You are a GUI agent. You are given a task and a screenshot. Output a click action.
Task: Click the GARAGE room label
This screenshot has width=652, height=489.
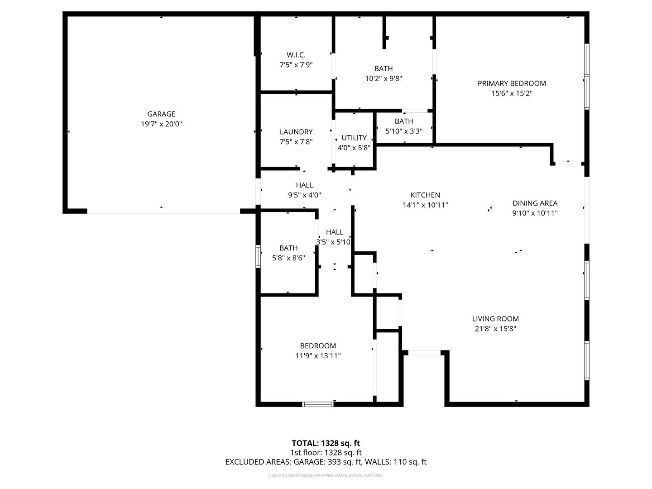click(161, 114)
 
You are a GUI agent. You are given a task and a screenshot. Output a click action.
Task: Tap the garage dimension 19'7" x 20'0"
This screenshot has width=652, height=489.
click(161, 124)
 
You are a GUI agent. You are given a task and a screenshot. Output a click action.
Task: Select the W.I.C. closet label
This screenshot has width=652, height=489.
click(296, 55)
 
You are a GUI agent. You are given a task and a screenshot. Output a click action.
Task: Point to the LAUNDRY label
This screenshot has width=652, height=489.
click(296, 132)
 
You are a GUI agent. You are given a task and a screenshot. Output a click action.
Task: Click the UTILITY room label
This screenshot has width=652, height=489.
click(354, 138)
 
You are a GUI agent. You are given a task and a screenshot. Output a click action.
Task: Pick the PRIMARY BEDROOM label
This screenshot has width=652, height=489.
click(512, 83)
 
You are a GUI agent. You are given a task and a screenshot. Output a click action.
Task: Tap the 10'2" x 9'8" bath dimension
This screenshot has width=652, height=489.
click(383, 78)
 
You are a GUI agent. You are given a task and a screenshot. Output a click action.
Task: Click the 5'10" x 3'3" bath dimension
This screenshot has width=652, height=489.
click(404, 131)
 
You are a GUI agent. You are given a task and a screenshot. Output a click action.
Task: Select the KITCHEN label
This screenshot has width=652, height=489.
click(425, 195)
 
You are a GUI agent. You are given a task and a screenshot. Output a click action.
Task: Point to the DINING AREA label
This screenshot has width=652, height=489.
click(535, 203)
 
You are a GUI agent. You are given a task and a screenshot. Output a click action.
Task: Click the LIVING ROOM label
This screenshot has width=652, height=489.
click(495, 319)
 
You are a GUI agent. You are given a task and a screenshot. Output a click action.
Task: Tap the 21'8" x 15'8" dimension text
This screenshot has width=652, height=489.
click(495, 328)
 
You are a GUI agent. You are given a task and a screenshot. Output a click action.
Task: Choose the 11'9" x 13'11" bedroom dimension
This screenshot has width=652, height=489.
click(318, 355)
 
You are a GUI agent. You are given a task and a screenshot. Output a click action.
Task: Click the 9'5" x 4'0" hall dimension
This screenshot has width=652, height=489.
click(304, 195)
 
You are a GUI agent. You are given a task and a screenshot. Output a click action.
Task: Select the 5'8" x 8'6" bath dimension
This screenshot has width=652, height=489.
click(288, 258)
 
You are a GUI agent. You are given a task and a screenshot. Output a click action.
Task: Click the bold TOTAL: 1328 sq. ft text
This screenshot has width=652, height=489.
click(326, 443)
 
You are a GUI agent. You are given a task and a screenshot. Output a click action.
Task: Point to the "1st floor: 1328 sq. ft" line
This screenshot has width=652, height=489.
click(326, 452)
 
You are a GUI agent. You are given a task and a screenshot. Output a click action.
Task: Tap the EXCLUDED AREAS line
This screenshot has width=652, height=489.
click(326, 462)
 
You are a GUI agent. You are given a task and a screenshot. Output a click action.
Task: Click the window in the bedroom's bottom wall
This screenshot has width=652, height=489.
click(318, 404)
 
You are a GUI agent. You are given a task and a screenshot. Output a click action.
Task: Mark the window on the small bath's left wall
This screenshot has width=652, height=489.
click(258, 256)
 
